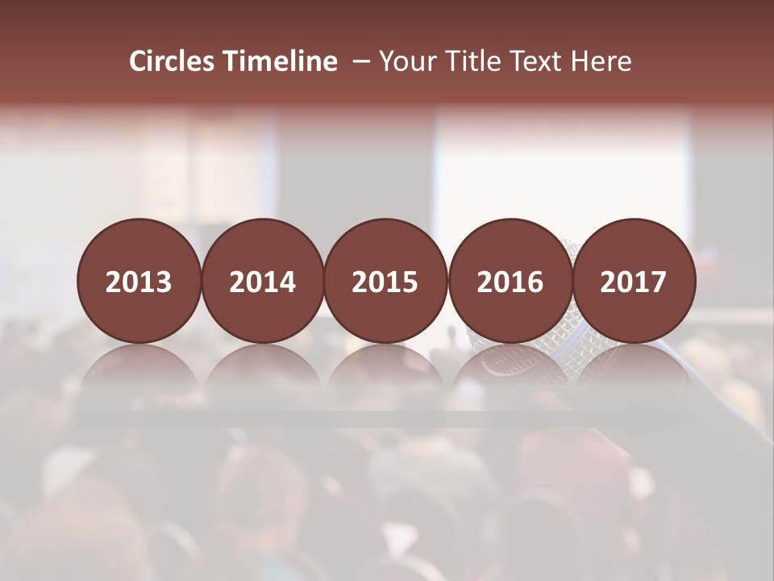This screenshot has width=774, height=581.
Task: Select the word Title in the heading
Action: pyautogui.click(x=470, y=61)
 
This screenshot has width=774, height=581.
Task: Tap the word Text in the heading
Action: pyautogui.click(x=537, y=61)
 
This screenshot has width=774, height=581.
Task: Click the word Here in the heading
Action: pyautogui.click(x=601, y=61)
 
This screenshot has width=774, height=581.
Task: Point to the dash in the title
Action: pyautogui.click(x=360, y=62)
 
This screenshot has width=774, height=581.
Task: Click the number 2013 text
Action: pyautogui.click(x=139, y=282)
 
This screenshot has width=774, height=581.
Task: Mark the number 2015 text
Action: pyautogui.click(x=385, y=282)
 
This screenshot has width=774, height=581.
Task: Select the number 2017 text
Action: pyautogui.click(x=634, y=282)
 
